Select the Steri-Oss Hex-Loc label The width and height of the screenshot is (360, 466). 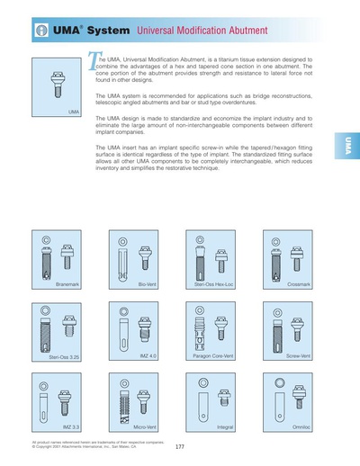point(213,284)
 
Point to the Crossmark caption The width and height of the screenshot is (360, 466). point(299,284)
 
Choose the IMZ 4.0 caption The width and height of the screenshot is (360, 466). point(148,355)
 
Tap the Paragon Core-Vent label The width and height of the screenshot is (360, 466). point(214,356)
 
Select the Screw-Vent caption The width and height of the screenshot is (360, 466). point(298,356)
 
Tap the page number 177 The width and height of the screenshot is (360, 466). point(180,447)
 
